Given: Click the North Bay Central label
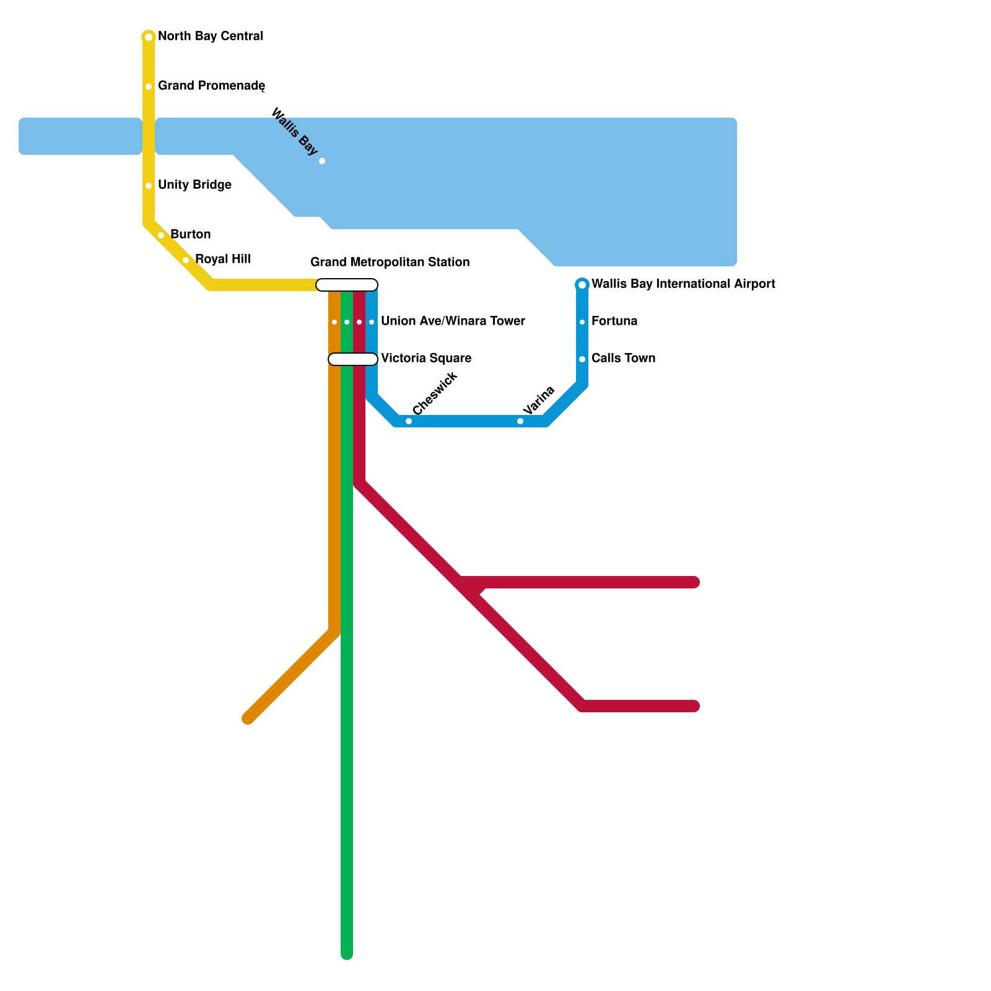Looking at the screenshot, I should click(210, 37).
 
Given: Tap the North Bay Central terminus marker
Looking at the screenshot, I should click(149, 37).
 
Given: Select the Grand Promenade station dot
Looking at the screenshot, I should click(149, 87).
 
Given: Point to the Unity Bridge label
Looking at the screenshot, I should click(194, 185).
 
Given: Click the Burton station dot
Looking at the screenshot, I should click(161, 235).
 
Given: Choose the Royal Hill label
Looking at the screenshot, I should click(222, 259).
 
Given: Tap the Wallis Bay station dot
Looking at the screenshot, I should click(322, 161).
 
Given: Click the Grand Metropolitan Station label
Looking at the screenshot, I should click(390, 262).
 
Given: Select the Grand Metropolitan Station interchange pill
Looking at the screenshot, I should click(347, 285).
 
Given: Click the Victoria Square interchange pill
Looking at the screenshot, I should click(353, 359).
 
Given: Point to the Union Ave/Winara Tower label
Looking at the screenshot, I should click(453, 321).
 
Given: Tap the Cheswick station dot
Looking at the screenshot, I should click(409, 421).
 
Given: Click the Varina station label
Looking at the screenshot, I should click(538, 400).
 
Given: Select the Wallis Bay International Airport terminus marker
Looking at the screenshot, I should click(582, 285).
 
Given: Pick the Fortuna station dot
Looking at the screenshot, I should click(582, 322).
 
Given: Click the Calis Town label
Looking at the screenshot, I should click(623, 359).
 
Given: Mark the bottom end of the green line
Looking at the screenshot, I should click(347, 954).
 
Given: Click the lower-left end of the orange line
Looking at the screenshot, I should click(248, 718).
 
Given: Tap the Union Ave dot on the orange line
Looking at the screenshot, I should click(334, 322).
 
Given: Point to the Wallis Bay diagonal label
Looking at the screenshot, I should click(295, 132).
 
